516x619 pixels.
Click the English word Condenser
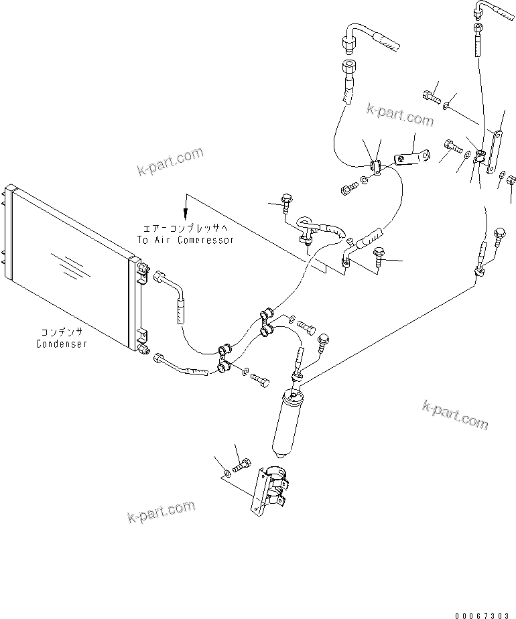click(61, 344)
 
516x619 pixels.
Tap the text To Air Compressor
click(186, 240)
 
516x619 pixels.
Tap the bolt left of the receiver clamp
click(243, 464)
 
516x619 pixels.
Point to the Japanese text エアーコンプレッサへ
click(186, 228)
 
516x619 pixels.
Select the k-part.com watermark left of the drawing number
click(161, 513)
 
